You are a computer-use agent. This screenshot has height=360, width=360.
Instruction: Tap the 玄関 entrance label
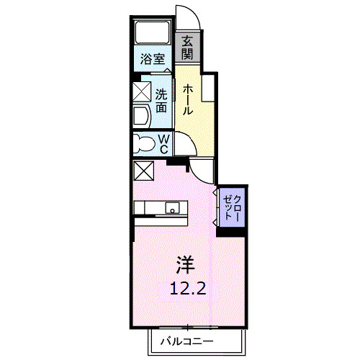(x=187, y=49)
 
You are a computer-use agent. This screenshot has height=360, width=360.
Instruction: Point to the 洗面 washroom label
(x=161, y=101)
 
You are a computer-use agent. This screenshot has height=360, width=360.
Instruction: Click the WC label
(x=163, y=143)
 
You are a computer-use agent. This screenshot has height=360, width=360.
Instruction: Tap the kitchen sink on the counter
(x=173, y=209)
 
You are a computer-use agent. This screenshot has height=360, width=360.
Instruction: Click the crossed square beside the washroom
(x=141, y=94)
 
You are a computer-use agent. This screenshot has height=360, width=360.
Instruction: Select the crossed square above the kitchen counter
(x=143, y=172)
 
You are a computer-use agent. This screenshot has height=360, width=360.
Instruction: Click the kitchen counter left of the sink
(x=153, y=208)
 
